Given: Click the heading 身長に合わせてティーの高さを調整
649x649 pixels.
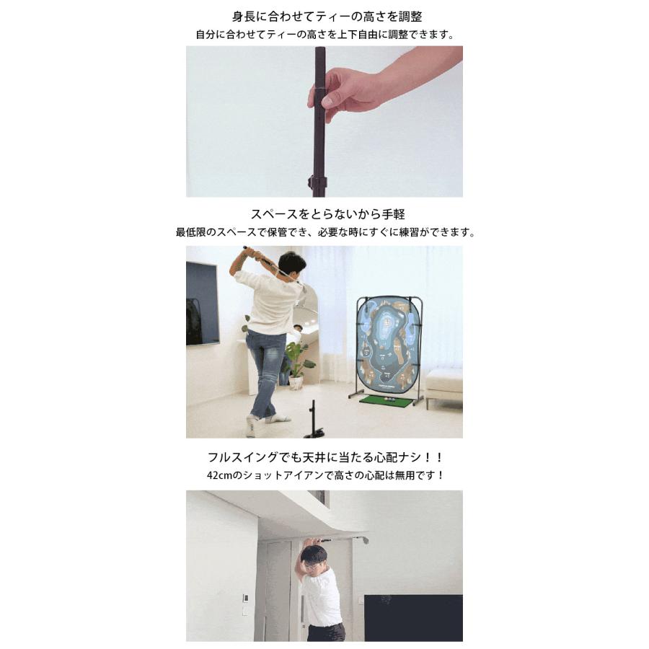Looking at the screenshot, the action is pyautogui.click(x=327, y=17).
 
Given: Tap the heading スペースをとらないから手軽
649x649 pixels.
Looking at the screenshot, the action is pyautogui.click(x=328, y=214).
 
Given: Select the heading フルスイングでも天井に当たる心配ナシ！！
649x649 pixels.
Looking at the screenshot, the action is pyautogui.click(x=326, y=457).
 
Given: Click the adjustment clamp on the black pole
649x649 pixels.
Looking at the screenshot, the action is pyautogui.click(x=317, y=181).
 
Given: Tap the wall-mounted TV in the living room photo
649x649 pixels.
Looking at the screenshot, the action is pyautogui.click(x=202, y=304).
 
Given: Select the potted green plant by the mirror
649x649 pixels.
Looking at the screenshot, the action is pyautogui.click(x=298, y=364).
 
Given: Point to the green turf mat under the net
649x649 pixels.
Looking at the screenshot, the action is pyautogui.click(x=387, y=400).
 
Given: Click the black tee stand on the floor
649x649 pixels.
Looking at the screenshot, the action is pyautogui.click(x=315, y=421).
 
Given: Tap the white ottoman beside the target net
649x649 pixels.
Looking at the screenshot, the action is pyautogui.click(x=444, y=384).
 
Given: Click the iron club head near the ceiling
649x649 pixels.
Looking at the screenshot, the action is pyautogui.click(x=363, y=539).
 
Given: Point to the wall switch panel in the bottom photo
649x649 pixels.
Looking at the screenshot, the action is pyautogui.click(x=245, y=599).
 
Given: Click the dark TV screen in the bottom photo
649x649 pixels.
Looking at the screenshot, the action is pyautogui.click(x=413, y=618).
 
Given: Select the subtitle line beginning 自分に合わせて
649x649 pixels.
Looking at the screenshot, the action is pyautogui.click(x=326, y=35).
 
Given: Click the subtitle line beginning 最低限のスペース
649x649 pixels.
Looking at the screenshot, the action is pyautogui.click(x=326, y=232).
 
